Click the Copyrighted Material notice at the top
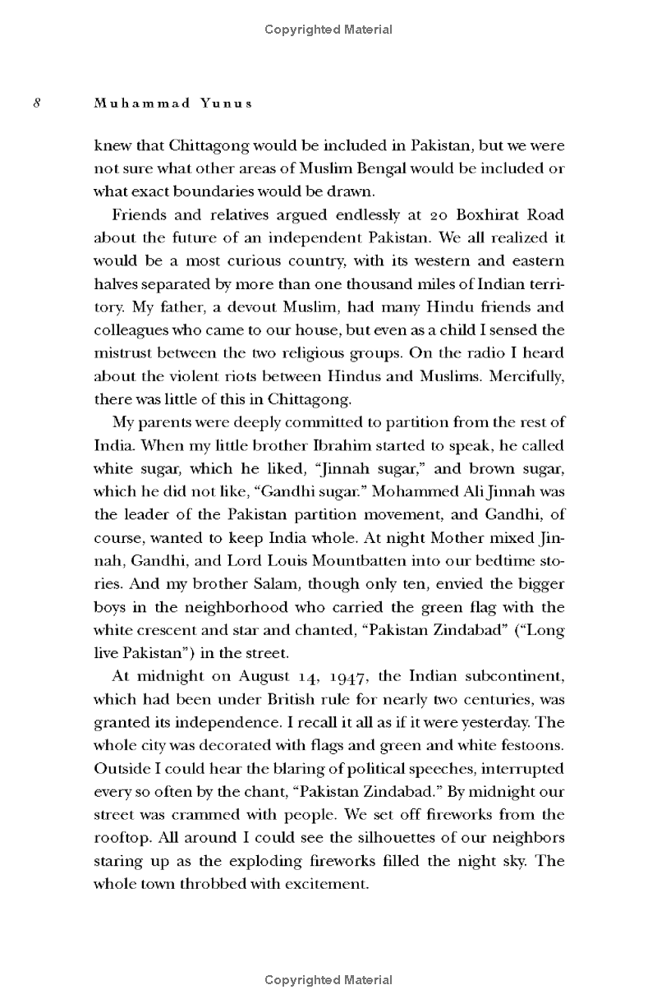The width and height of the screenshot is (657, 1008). point(328,30)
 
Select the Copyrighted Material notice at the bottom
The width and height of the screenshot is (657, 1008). point(328,979)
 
